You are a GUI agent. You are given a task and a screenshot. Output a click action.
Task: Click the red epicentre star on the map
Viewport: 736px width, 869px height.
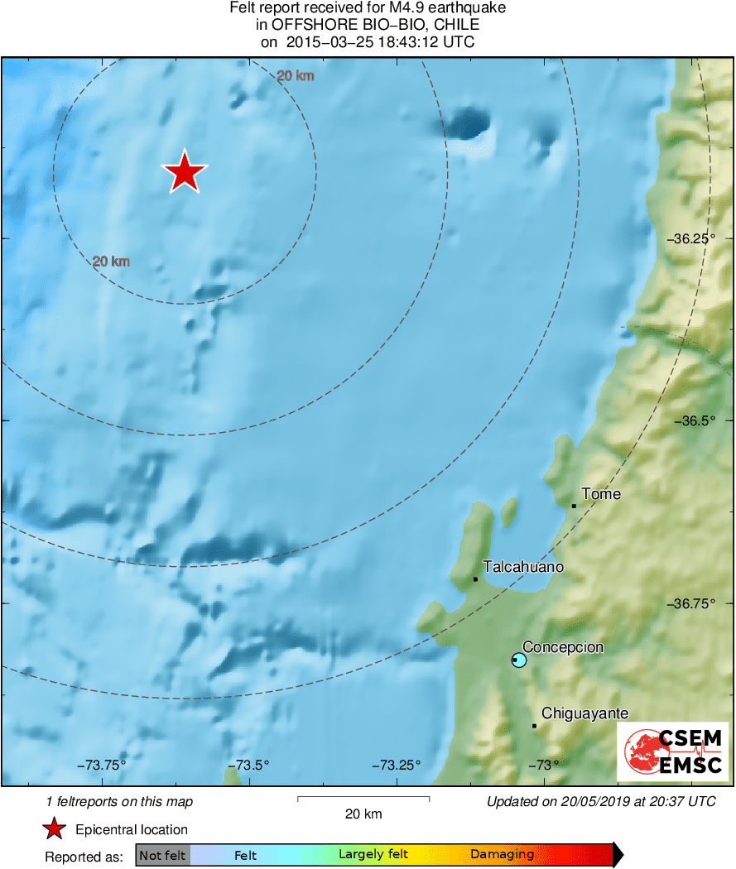185,173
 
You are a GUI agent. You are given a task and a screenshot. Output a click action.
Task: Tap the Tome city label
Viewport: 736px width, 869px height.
601,494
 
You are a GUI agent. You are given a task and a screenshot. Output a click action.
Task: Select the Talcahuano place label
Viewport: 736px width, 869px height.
523,567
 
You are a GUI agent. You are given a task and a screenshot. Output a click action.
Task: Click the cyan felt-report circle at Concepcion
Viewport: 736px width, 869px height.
519,660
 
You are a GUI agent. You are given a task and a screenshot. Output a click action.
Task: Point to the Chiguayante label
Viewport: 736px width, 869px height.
584,713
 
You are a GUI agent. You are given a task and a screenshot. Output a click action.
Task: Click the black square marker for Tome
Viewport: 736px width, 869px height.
574,506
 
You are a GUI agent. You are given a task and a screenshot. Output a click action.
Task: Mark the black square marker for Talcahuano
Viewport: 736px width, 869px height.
475,579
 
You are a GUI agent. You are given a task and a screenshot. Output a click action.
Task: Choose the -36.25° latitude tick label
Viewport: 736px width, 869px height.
693,238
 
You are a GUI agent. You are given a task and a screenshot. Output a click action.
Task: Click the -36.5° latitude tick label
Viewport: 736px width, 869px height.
695,420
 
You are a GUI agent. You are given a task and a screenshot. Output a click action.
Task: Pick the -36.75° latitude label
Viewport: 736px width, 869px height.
693,603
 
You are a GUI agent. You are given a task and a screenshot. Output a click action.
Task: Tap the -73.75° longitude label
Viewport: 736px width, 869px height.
102,765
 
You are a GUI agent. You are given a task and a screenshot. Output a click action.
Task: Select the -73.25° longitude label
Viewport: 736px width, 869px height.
396,765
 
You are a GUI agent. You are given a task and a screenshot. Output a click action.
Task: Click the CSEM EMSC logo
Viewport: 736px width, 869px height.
672,751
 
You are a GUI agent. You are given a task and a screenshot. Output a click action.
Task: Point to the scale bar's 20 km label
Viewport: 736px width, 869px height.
363,814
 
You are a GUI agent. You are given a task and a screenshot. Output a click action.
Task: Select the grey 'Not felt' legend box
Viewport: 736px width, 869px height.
162,855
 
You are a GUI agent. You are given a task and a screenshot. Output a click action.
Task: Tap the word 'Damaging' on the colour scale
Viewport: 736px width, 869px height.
502,855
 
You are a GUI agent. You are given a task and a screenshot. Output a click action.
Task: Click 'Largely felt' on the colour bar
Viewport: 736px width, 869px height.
373,855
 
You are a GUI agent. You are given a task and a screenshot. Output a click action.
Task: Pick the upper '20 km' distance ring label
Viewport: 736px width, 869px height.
296,76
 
